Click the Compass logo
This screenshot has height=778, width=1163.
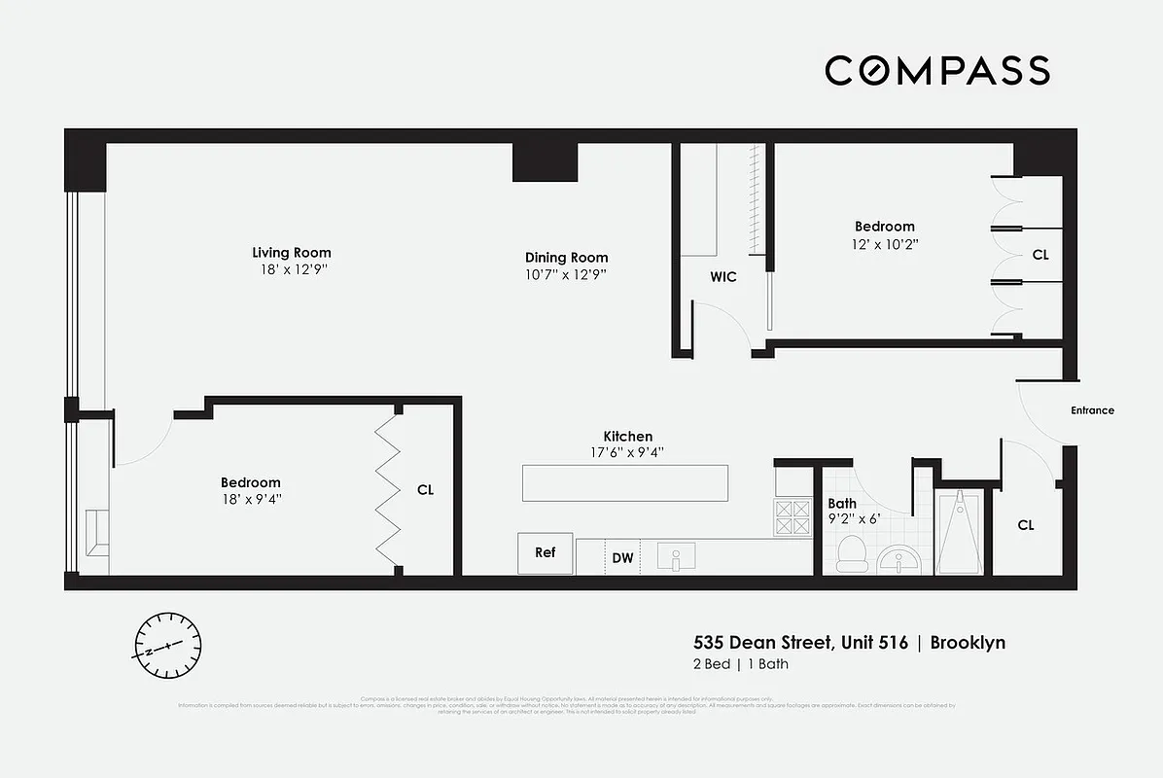(937, 70)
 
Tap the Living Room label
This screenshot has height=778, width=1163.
(285, 253)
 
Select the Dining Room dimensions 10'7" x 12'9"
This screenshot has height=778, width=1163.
(566, 274)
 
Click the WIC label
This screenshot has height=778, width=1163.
(723, 277)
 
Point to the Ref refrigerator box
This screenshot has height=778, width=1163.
(546, 552)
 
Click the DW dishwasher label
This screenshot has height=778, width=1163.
(622, 558)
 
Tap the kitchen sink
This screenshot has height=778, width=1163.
(678, 558)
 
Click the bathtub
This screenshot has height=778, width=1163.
(960, 532)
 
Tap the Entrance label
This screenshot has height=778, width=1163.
(1092, 410)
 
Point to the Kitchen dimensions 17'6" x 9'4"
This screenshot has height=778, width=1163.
(628, 452)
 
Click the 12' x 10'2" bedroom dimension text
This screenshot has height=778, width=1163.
(884, 244)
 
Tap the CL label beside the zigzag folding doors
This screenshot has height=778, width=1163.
(425, 490)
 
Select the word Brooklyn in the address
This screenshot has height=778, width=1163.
(968, 642)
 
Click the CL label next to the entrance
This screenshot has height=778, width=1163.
(1026, 525)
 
